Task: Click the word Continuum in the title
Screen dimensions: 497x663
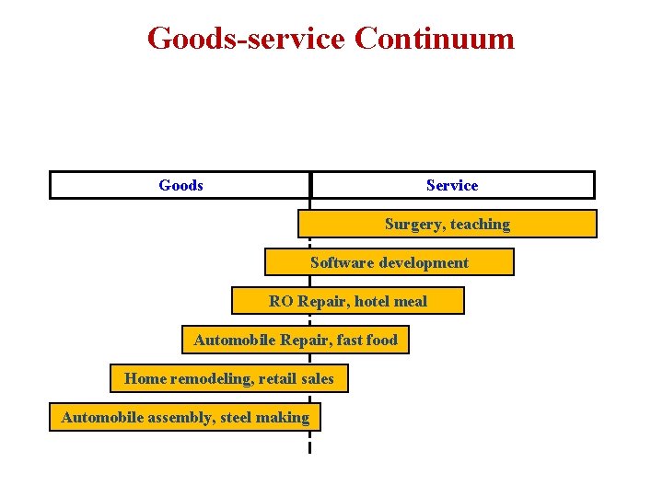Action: click(434, 39)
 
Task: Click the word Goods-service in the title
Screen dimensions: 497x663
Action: click(246, 39)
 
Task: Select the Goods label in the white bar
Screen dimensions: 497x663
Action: click(180, 185)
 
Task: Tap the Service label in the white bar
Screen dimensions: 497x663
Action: click(452, 185)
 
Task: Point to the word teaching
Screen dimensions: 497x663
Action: click(480, 224)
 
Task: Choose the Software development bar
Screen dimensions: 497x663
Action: click(389, 262)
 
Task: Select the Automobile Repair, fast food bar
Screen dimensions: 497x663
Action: click(296, 340)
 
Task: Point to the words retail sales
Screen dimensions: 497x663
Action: click(297, 378)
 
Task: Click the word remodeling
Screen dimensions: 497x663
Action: click(211, 378)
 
